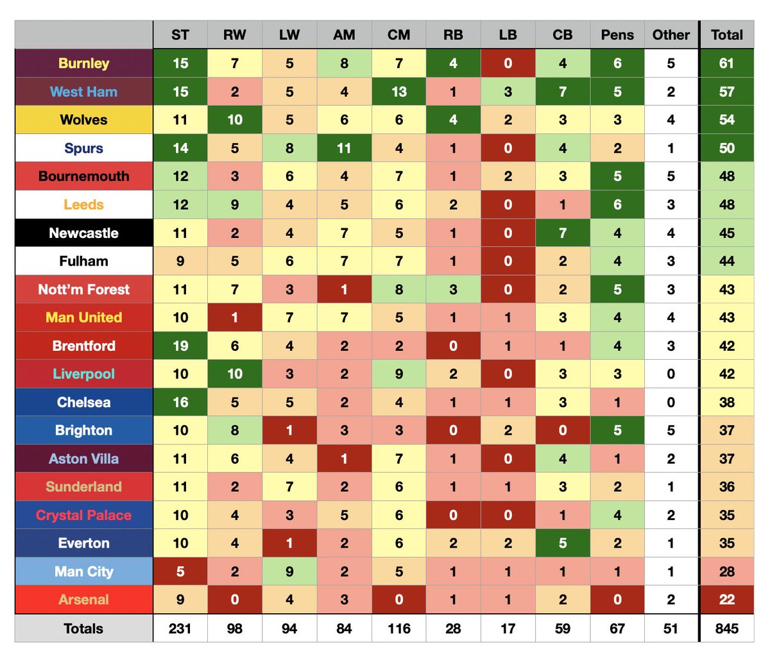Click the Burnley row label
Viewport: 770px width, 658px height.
(x=84, y=63)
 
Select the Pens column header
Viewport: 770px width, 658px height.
(x=617, y=35)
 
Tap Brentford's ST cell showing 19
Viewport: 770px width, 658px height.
(x=180, y=346)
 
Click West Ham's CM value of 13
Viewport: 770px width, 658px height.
(x=398, y=92)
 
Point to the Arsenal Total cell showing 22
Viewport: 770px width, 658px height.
(x=727, y=599)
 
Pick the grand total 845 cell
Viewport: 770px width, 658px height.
(x=727, y=628)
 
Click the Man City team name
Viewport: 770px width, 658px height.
(x=84, y=571)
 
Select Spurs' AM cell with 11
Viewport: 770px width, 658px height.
(x=344, y=148)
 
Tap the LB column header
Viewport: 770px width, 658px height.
(x=508, y=35)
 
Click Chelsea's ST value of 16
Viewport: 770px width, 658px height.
(x=180, y=402)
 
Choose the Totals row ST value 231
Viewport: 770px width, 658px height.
(x=180, y=628)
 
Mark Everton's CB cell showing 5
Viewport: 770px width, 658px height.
(x=563, y=543)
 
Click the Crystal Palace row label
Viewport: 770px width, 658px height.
(x=84, y=515)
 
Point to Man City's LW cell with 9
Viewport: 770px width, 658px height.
(x=289, y=571)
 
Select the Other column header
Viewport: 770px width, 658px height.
(x=671, y=35)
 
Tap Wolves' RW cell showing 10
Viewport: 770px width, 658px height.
(x=235, y=119)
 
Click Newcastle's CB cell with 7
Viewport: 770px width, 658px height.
(x=563, y=233)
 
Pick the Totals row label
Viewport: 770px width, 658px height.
(x=84, y=628)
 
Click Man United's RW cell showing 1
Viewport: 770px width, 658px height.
(x=235, y=317)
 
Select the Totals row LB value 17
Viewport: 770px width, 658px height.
(x=508, y=628)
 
